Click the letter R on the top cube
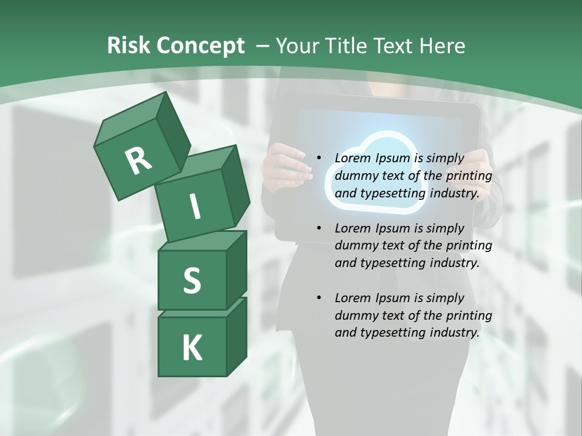pyautogui.click(x=138, y=160)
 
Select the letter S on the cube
pyautogui.click(x=192, y=280)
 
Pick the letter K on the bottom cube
pyautogui.click(x=192, y=348)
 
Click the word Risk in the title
pyautogui.click(x=128, y=46)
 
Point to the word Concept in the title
pyautogui.click(x=199, y=46)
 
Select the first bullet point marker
pyautogui.click(x=318, y=158)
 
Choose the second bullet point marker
pyautogui.click(x=318, y=228)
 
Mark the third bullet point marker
pyautogui.click(x=318, y=298)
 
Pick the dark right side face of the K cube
pyautogui.click(x=236, y=336)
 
